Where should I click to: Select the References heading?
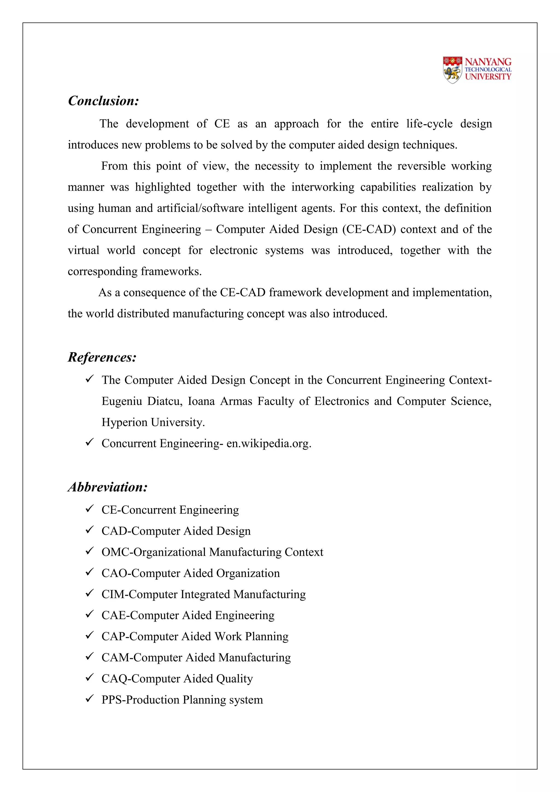pyautogui.click(x=102, y=357)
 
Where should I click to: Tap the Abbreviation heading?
pyautogui.click(x=107, y=487)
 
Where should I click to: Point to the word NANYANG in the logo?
pyautogui.click(x=488, y=62)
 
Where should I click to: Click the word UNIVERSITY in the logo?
pyautogui.click(x=488, y=77)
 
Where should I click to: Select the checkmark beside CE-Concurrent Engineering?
pyautogui.click(x=90, y=508)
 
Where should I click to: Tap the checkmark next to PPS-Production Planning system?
pyautogui.click(x=90, y=698)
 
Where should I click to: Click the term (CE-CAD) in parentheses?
pyautogui.click(x=369, y=229)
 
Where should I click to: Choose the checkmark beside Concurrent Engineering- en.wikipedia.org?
pyautogui.click(x=90, y=442)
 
